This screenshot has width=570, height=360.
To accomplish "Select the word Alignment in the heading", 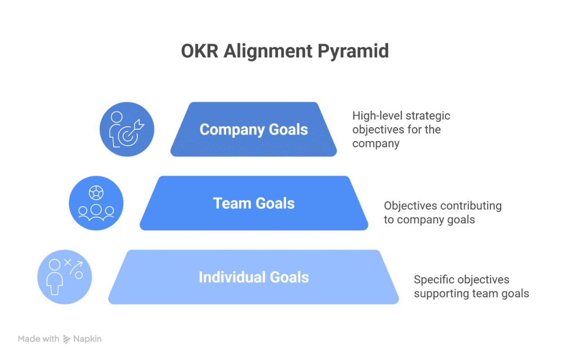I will point(268,52).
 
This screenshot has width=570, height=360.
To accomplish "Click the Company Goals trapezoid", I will point(253,130).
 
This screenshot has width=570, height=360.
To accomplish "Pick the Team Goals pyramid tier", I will point(254,203).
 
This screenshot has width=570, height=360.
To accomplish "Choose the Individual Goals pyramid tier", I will point(253,277).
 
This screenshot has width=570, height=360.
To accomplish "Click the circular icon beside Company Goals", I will point(127,130).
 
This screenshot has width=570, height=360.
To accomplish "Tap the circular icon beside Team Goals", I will point(96,203).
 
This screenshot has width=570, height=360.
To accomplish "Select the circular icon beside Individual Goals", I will point(64,277).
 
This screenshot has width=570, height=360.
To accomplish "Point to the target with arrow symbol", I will point(133,133).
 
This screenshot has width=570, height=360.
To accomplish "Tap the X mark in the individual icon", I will point(68,261).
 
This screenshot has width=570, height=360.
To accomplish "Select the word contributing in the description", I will point(471,206).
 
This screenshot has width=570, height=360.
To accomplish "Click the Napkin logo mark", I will point(67,339).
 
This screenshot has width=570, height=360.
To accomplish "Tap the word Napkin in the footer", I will point(87,339).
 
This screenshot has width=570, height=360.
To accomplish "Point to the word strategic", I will point(428,116).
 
